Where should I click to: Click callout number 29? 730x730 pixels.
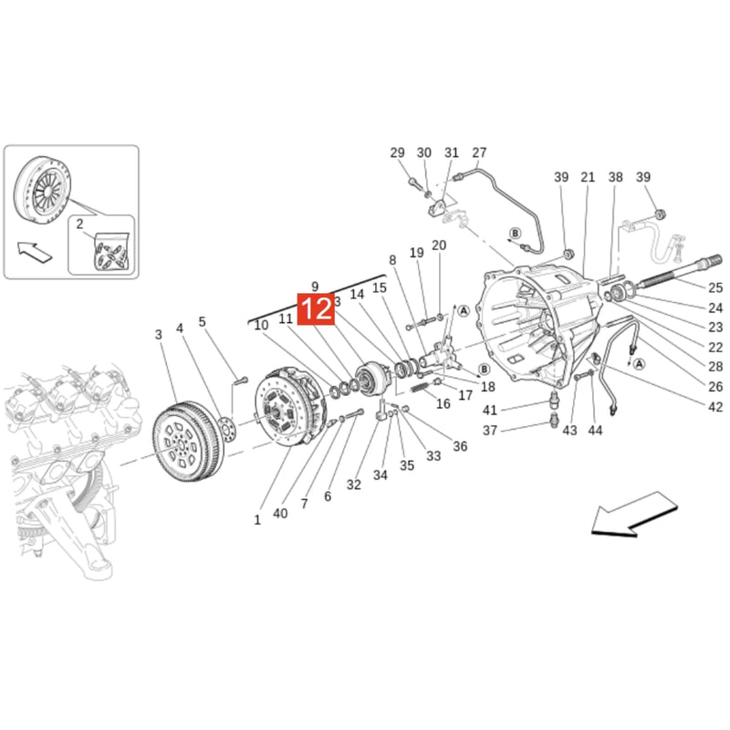[397, 152]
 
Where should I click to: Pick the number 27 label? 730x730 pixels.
[480, 152]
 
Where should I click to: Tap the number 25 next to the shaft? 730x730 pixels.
[714, 287]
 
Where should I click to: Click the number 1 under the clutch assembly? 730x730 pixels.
[257, 520]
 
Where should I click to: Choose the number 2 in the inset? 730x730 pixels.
[79, 224]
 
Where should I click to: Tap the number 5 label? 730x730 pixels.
[203, 321]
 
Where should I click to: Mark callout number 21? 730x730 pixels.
[588, 177]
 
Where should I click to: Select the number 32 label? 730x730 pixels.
[354, 484]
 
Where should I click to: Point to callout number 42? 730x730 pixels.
[714, 408]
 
